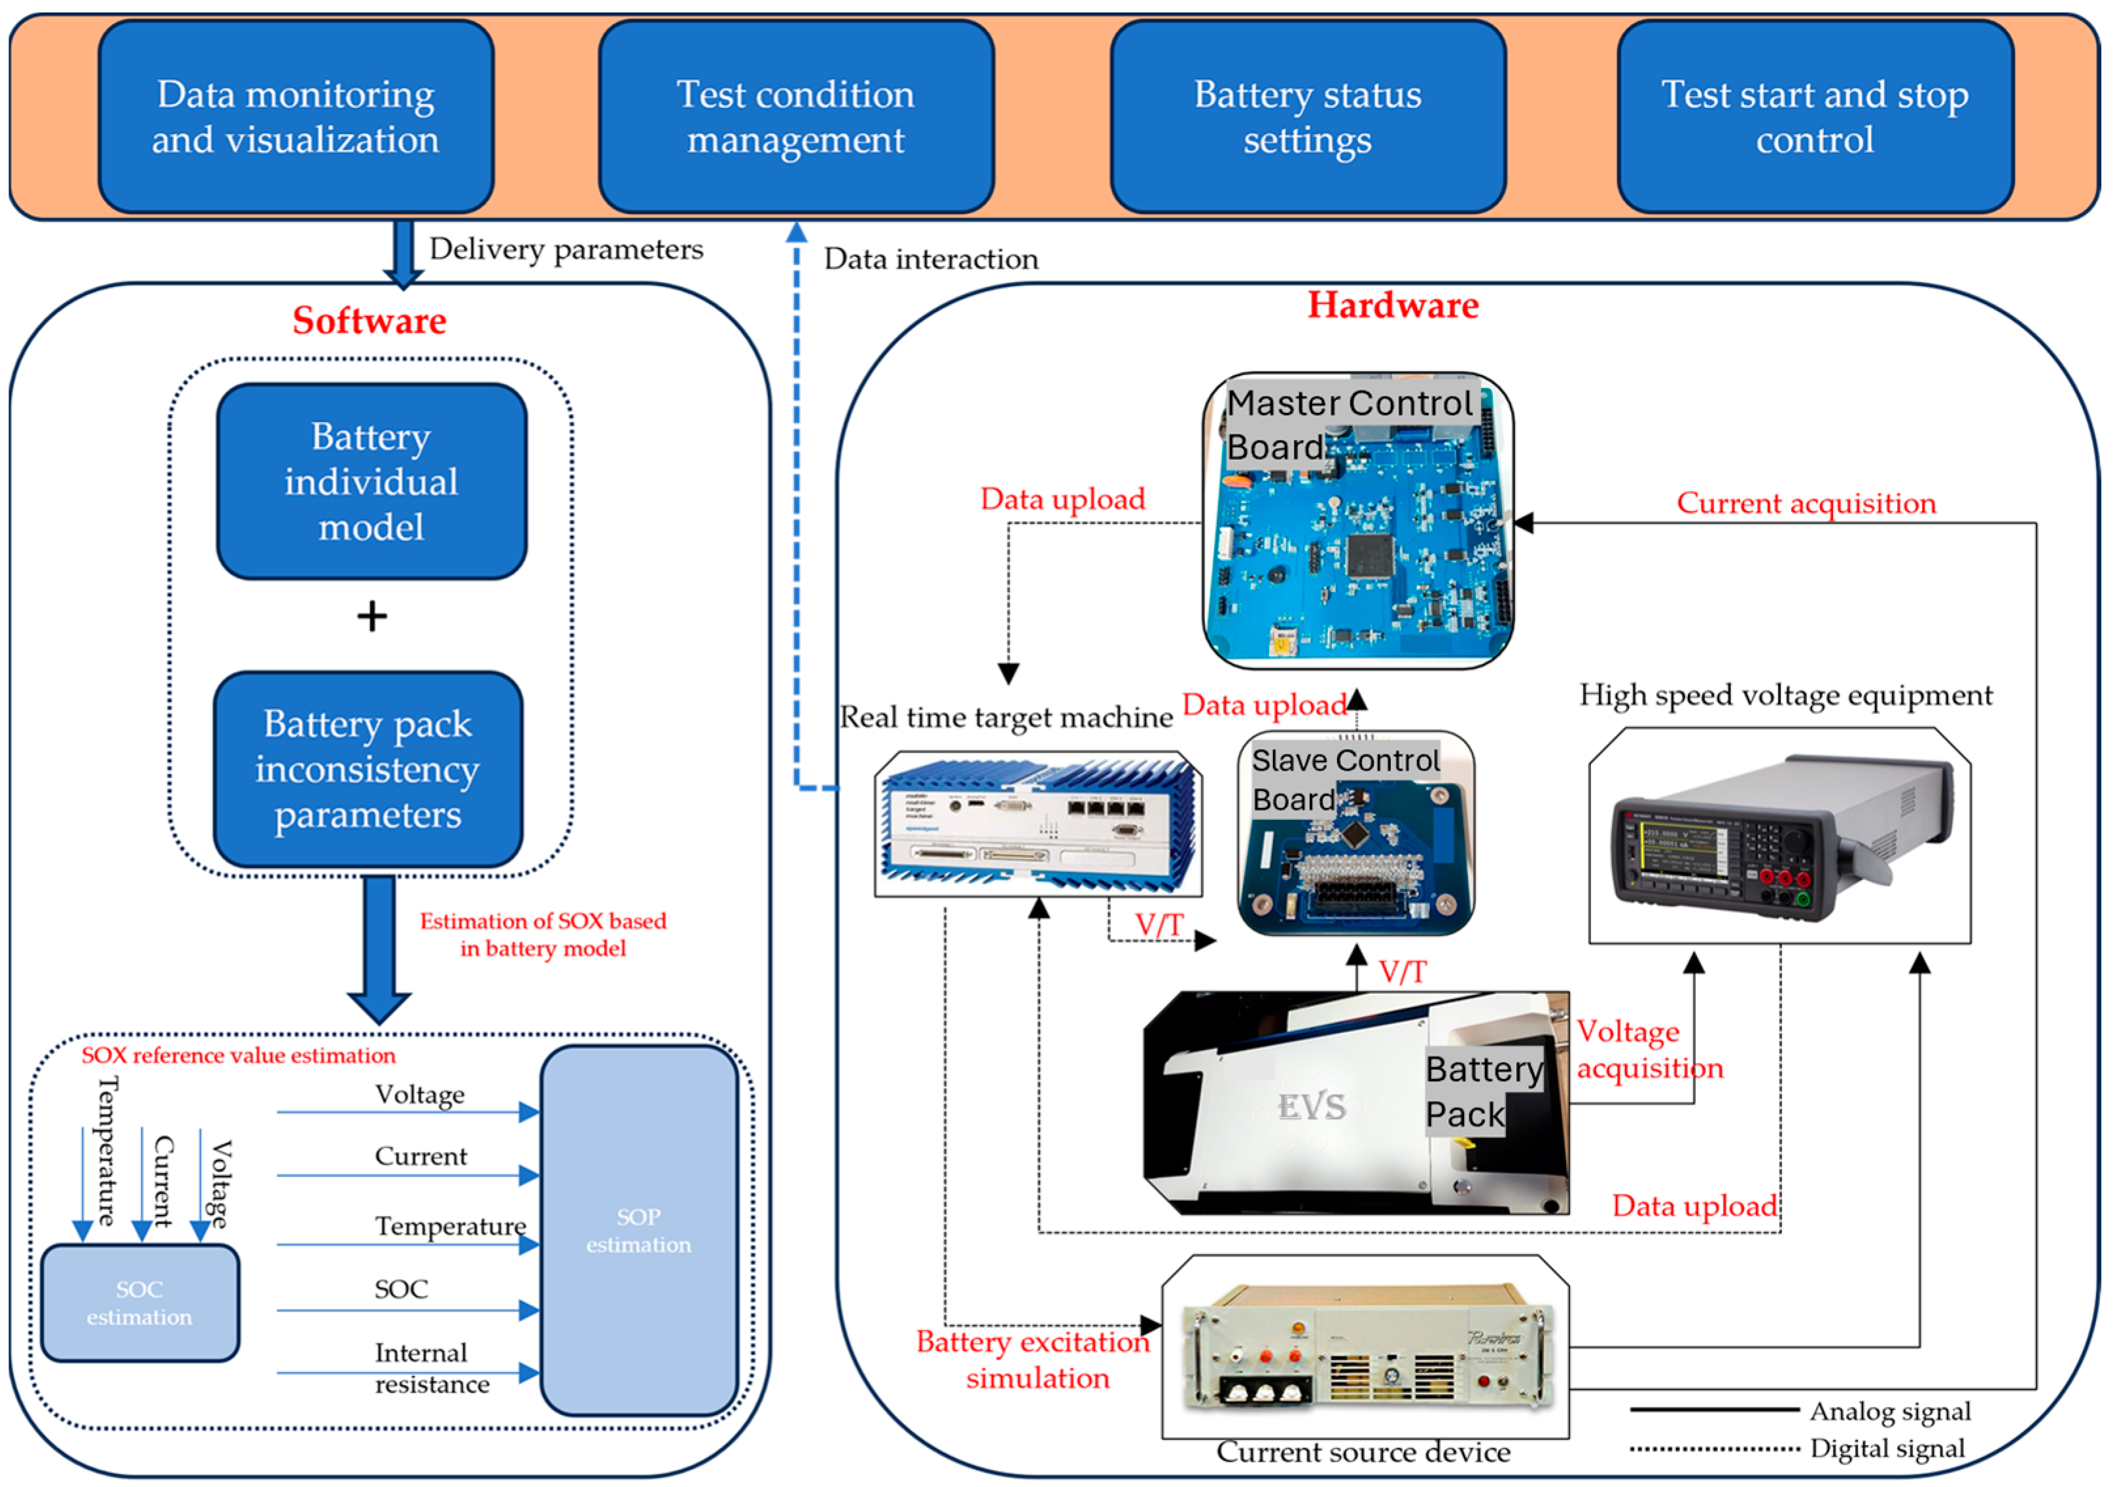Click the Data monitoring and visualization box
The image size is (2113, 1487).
[x=296, y=117]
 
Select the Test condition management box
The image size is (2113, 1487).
[x=796, y=117]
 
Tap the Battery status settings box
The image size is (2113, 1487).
[x=1308, y=117]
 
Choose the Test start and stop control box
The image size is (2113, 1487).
[x=1815, y=117]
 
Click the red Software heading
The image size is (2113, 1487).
[x=369, y=320]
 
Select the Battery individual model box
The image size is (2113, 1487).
[x=371, y=481]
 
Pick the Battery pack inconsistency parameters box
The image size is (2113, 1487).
[x=368, y=769]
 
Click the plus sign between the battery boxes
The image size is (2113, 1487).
[x=372, y=616]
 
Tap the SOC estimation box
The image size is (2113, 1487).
[x=140, y=1303]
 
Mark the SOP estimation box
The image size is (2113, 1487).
[x=638, y=1231]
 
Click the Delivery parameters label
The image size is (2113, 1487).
[x=566, y=249]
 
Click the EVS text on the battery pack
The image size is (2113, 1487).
[x=1312, y=1107]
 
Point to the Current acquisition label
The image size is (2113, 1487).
[x=1806, y=502]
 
